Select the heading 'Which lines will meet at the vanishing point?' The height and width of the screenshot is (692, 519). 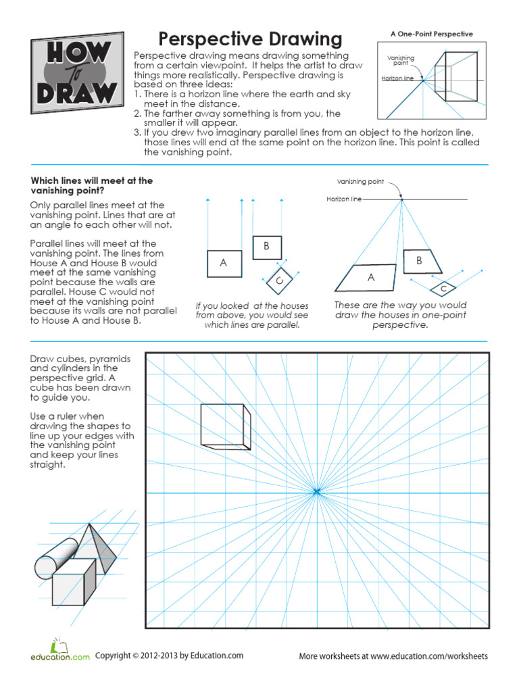(92, 186)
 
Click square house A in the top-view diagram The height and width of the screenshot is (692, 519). (224, 263)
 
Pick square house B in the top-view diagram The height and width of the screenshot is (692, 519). (266, 247)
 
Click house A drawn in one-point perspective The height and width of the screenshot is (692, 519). (369, 278)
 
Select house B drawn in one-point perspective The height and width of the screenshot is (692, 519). (420, 261)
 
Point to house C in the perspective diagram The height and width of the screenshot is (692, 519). (443, 289)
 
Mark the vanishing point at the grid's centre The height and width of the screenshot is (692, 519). (316, 493)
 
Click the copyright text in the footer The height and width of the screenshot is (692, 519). (169, 656)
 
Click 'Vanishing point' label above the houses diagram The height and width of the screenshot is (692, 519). (360, 182)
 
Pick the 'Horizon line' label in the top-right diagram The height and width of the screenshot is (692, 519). (397, 78)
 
